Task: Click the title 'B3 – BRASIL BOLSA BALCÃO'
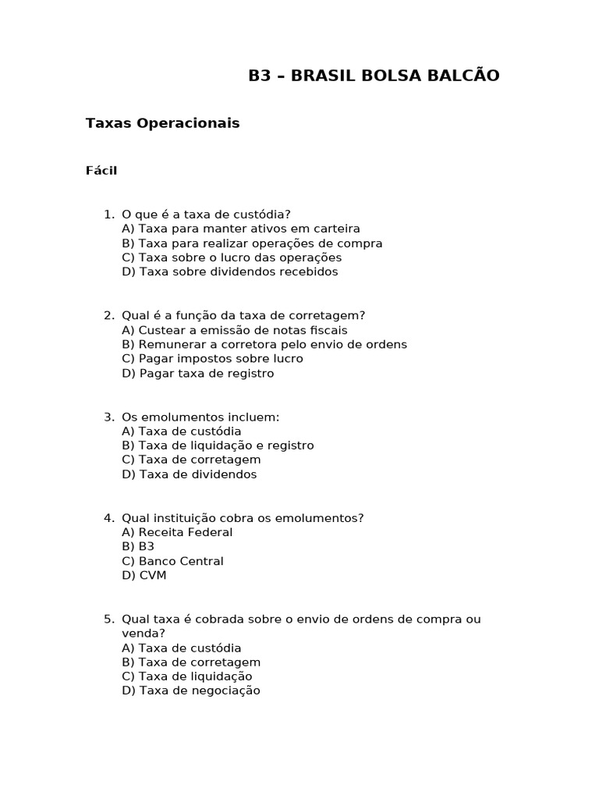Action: coord(374,76)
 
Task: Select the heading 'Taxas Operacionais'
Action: coord(162,123)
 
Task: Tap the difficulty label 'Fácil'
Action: coord(101,171)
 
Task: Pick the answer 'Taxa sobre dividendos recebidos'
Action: coord(230,272)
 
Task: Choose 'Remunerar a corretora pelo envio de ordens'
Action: coord(264,344)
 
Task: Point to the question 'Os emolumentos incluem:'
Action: coord(200,417)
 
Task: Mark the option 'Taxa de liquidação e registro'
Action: coord(218,446)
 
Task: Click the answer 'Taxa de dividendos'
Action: coord(190,474)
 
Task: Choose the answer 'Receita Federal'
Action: coord(177,532)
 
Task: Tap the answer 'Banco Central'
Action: coord(172,561)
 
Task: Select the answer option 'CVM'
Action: coord(144,575)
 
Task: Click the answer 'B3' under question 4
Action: coord(138,546)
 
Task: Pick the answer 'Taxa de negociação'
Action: coord(191,691)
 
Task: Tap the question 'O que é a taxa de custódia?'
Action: coord(206,214)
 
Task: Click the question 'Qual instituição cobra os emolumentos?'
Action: coord(243,517)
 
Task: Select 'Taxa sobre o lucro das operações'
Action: coord(232,257)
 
